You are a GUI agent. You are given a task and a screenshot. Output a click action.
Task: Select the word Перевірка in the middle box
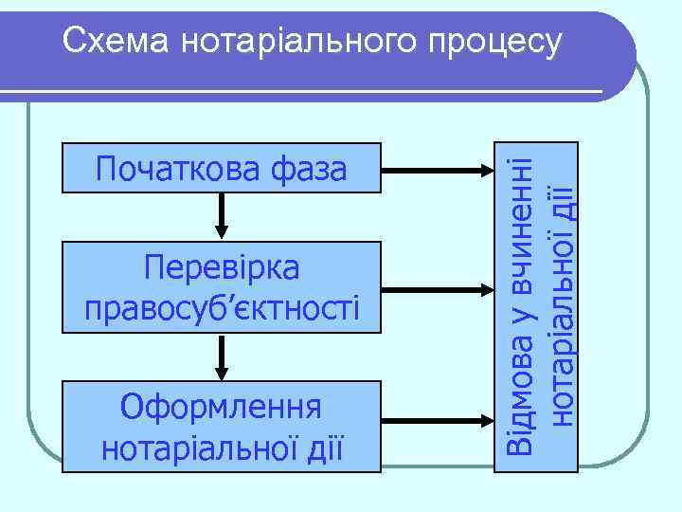pyautogui.click(x=222, y=268)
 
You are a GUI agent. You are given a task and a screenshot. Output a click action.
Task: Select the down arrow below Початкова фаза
pyautogui.click(x=222, y=217)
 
